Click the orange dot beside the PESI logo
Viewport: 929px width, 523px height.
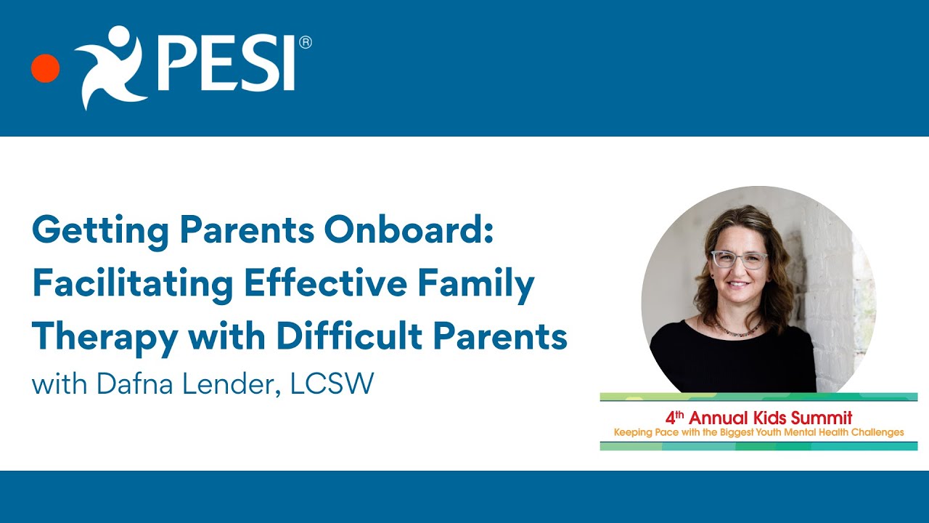[x=45, y=68]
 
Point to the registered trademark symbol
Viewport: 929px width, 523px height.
[x=305, y=43]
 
